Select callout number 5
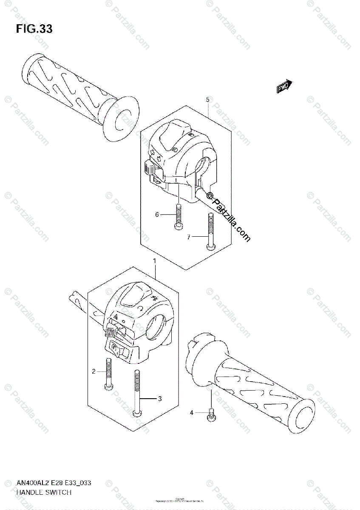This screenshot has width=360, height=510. pyautogui.click(x=207, y=100)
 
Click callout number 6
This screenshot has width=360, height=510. pyautogui.click(x=157, y=215)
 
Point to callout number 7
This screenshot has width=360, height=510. pyautogui.click(x=189, y=237)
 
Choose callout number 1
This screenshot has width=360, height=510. pyautogui.click(x=155, y=260)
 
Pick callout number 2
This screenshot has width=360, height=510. pyautogui.click(x=94, y=371)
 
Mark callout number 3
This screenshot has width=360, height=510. pyautogui.click(x=160, y=399)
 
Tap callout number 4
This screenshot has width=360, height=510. pyautogui.click(x=192, y=412)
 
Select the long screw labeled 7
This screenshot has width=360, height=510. pyautogui.click(x=210, y=232)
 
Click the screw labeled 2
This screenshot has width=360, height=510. pyautogui.click(x=108, y=374)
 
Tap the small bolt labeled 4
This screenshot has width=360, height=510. pyautogui.click(x=210, y=416)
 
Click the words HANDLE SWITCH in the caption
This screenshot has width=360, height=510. pyautogui.click(x=44, y=493)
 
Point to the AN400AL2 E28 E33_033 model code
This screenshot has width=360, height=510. pyautogui.click(x=53, y=483)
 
